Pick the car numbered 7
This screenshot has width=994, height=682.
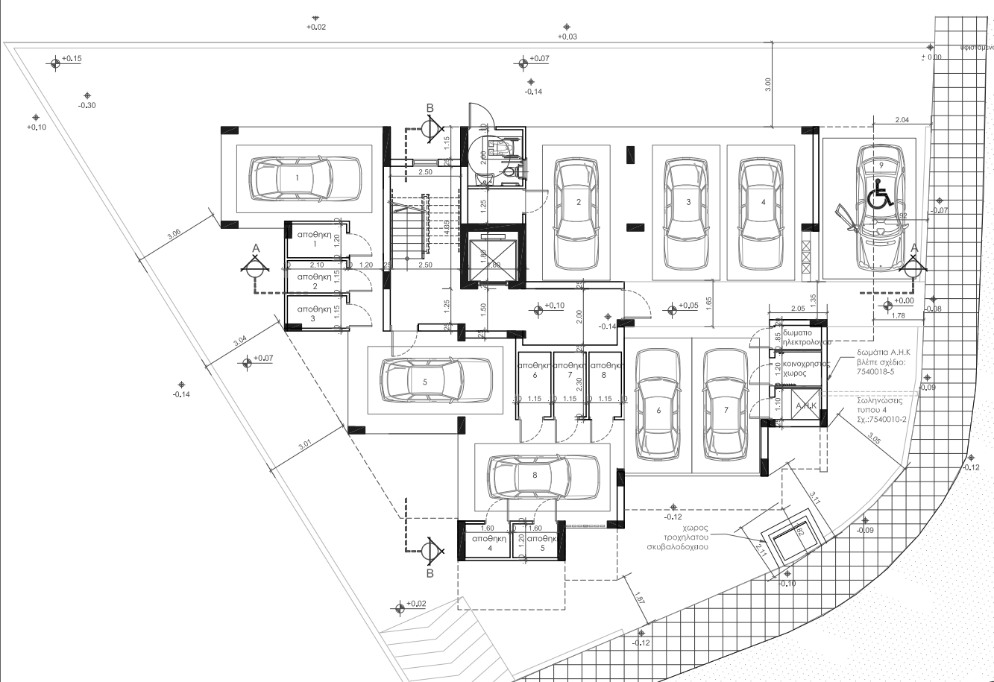[x=726, y=406]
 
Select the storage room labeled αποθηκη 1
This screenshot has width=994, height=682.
[x=314, y=239]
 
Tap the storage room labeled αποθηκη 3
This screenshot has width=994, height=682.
[x=314, y=314]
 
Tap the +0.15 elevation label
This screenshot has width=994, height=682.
[x=72, y=58]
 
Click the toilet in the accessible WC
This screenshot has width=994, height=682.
[x=509, y=171]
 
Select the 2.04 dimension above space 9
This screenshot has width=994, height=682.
[x=901, y=119]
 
